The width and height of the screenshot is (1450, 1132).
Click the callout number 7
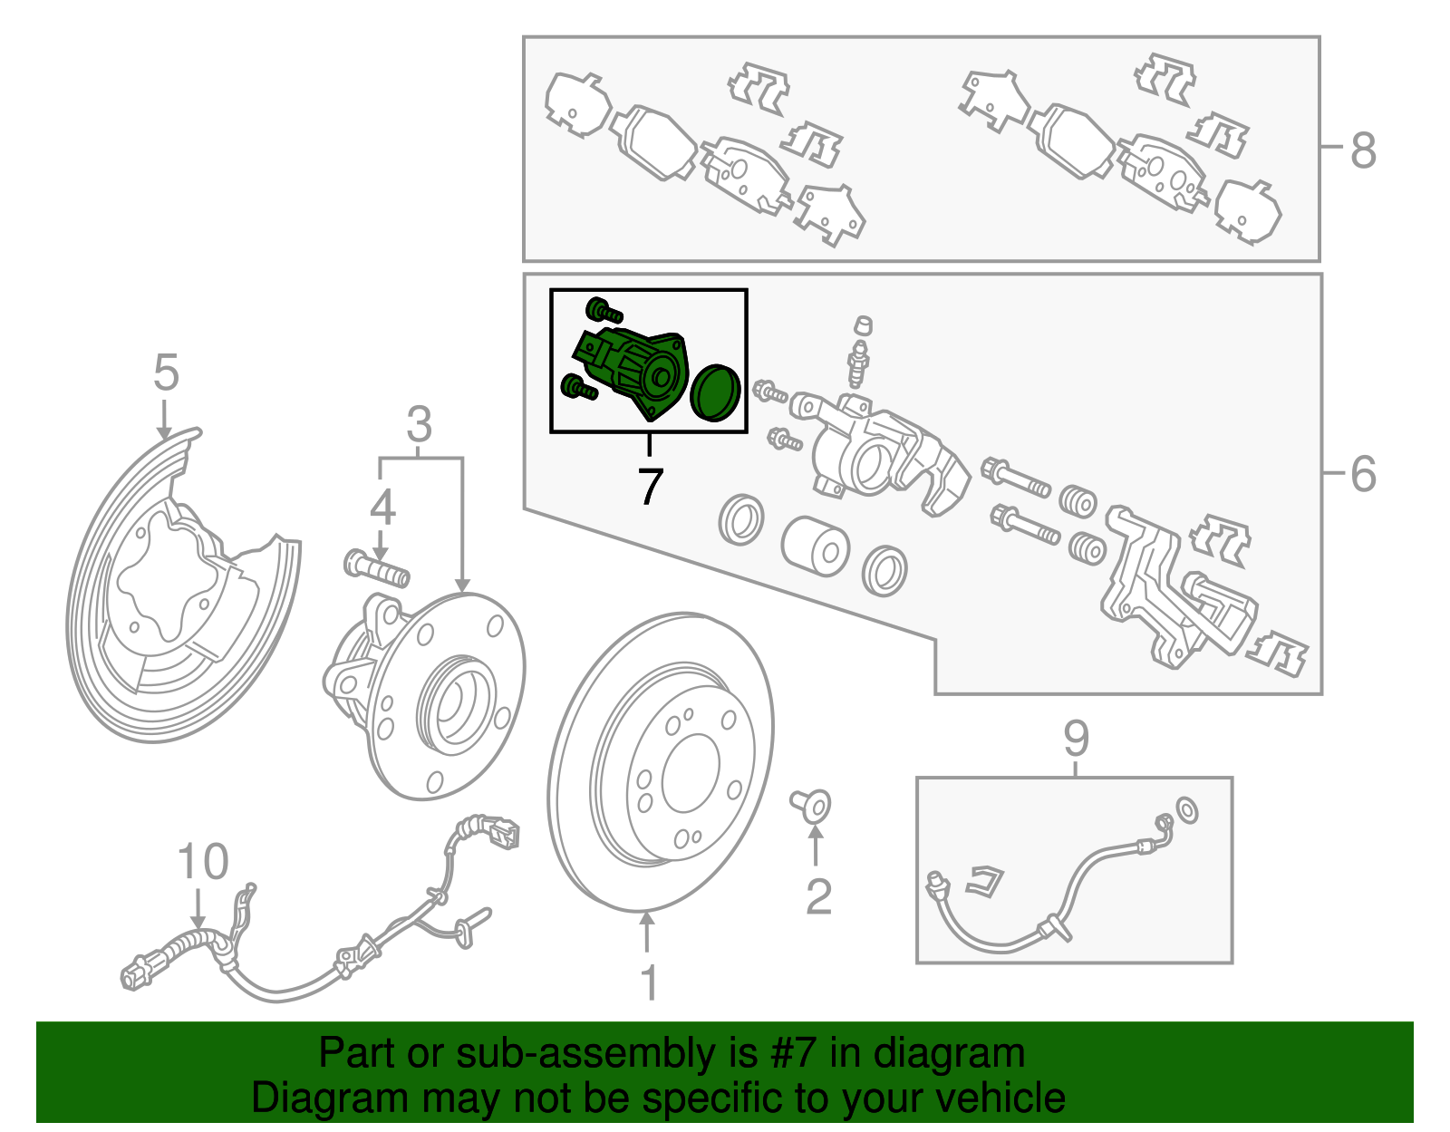650,487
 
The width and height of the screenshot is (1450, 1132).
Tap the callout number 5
166,372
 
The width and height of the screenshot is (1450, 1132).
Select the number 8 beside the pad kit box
1363,150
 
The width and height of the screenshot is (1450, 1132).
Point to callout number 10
203,862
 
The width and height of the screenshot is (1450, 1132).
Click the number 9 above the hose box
1076,739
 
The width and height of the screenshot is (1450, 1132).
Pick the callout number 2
818,897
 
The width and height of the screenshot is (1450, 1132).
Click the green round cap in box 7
716,392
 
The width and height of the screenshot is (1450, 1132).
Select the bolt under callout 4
378,568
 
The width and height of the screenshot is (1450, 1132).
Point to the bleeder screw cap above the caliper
864,325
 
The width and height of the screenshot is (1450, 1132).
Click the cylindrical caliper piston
815,546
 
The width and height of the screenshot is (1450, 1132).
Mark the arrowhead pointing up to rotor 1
647,921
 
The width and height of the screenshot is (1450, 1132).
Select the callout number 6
1363,474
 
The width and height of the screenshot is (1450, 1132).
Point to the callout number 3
419,424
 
